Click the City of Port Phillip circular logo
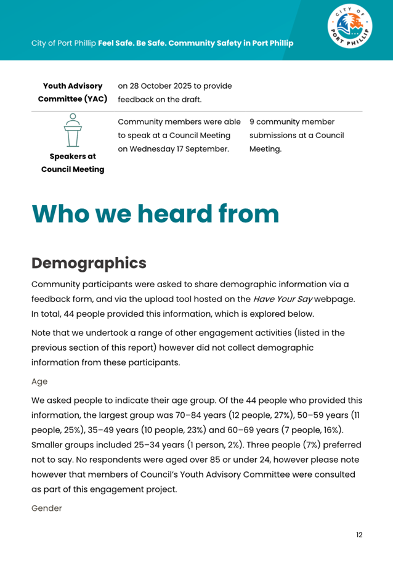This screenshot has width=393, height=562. click(x=349, y=30)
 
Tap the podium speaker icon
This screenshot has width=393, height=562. click(x=73, y=131)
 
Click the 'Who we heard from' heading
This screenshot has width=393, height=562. click(x=155, y=214)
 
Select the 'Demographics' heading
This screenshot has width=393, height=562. click(x=89, y=263)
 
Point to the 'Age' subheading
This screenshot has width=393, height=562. click(x=39, y=381)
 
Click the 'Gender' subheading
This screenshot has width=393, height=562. click(x=47, y=509)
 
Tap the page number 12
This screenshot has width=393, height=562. click(x=359, y=535)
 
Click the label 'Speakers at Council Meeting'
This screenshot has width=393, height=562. click(x=73, y=163)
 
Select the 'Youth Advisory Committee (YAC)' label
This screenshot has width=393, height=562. click(x=73, y=92)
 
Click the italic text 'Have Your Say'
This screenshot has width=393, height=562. click(x=281, y=299)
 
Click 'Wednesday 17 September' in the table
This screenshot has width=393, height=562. click(x=192, y=149)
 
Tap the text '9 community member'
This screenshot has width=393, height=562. click(x=292, y=122)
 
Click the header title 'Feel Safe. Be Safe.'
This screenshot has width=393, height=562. click(x=132, y=44)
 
